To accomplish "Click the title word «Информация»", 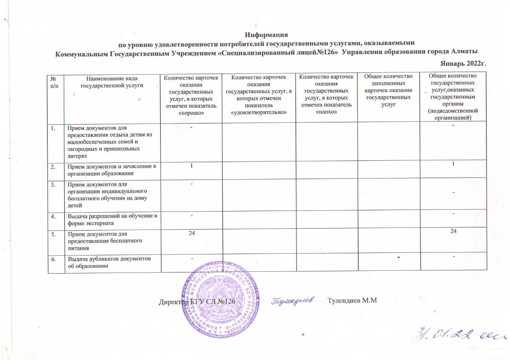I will pyautogui.click(x=266, y=35).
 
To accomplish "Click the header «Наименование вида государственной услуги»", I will pyautogui.click(x=112, y=82).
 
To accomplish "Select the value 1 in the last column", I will pyautogui.click(x=453, y=164).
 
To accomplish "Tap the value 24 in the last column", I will pyautogui.click(x=453, y=231).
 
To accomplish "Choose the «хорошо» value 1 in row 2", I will pyautogui.click(x=191, y=165).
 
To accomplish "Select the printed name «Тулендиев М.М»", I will pyautogui.click(x=352, y=300).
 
